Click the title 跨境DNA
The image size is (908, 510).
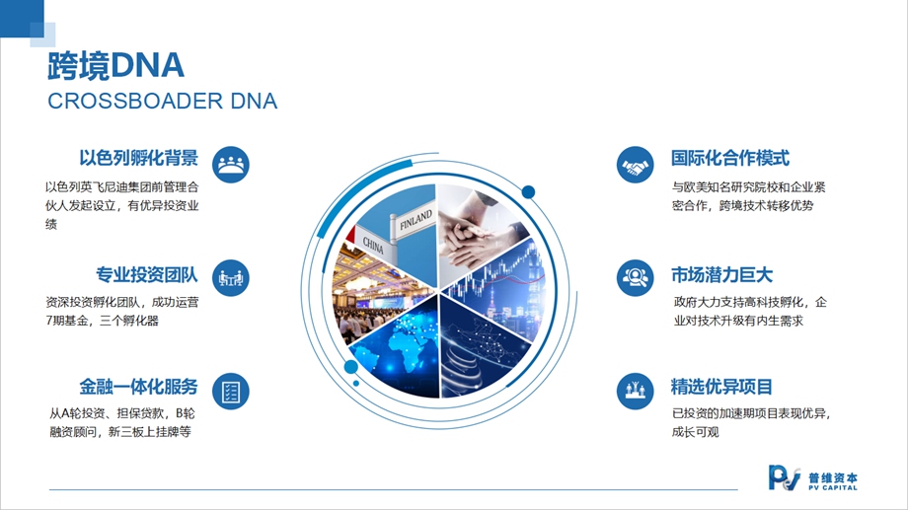pyautogui.click(x=115, y=65)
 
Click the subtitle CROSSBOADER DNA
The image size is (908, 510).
pyautogui.click(x=162, y=102)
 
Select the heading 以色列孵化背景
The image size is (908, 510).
pyautogui.click(x=138, y=158)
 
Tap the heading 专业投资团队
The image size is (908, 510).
pyautogui.click(x=146, y=275)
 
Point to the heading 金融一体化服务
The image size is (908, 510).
pyautogui.click(x=138, y=386)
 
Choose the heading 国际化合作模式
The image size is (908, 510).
pyautogui.click(x=730, y=158)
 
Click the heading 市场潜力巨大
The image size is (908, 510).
pyautogui.click(x=721, y=275)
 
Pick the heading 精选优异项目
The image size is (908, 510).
pyautogui.click(x=721, y=386)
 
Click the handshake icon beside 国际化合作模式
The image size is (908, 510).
pyautogui.click(x=636, y=165)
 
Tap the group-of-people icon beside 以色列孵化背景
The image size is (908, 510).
pyautogui.click(x=231, y=165)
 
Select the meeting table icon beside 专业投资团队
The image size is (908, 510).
pyautogui.click(x=231, y=278)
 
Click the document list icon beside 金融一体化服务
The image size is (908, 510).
pyautogui.click(x=231, y=392)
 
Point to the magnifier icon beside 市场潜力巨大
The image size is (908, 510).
pyautogui.click(x=636, y=278)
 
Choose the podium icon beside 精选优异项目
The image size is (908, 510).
pyautogui.click(x=636, y=392)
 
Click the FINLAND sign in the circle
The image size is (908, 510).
pyautogui.click(x=415, y=219)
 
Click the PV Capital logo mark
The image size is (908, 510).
pyautogui.click(x=784, y=478)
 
